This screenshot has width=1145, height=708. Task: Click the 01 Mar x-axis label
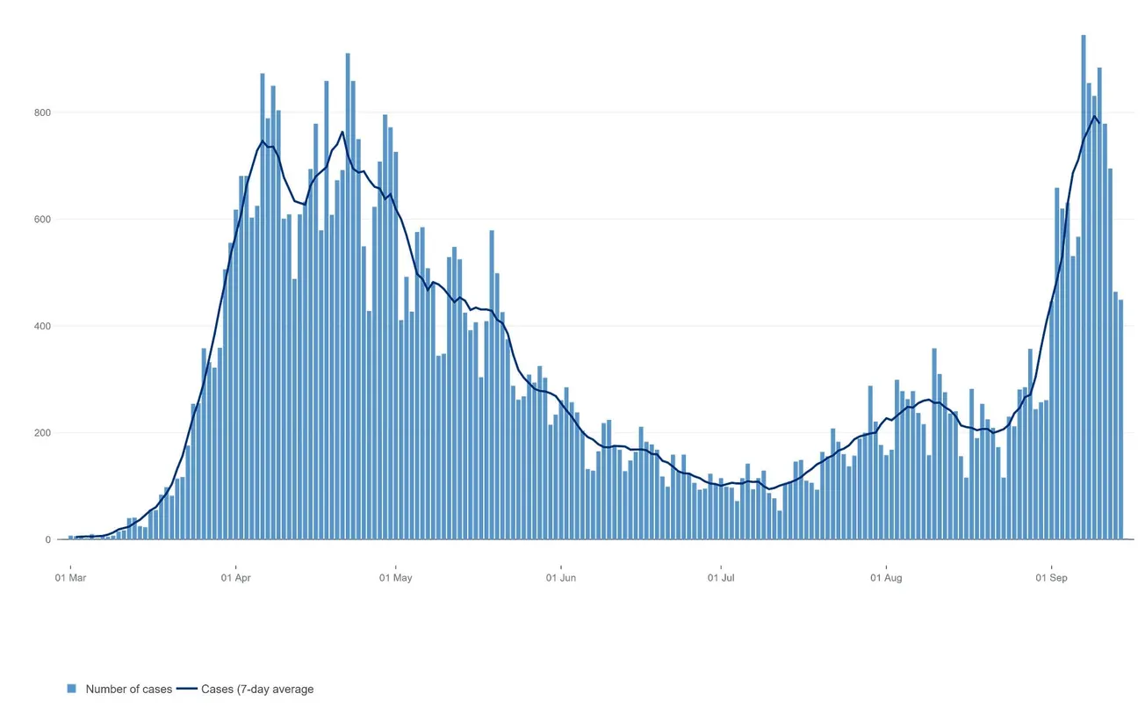point(70,578)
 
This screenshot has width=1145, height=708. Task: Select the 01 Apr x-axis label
point(235,578)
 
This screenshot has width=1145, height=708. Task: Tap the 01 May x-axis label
point(395,578)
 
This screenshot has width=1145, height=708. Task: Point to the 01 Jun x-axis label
point(560,578)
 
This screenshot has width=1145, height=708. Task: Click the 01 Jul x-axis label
point(721,578)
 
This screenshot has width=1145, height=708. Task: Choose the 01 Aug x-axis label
point(886,578)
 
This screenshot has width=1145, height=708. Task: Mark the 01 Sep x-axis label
point(1051,578)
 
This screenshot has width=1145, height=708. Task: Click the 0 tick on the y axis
point(48,540)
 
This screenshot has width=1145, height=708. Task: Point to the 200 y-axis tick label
point(43,433)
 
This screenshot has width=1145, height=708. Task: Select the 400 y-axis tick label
point(43,326)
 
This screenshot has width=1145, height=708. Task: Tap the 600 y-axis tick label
point(43,220)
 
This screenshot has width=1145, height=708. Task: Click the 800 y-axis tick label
point(43,112)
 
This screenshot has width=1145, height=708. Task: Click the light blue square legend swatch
point(72,689)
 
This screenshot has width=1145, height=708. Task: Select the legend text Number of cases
point(128,690)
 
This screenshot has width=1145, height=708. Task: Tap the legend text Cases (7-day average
point(257,690)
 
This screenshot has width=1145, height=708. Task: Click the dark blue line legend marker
point(187,689)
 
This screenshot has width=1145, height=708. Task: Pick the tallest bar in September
point(1084,290)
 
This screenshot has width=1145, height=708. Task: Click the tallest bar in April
point(348,299)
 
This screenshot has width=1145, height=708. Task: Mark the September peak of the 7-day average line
point(1094,117)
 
